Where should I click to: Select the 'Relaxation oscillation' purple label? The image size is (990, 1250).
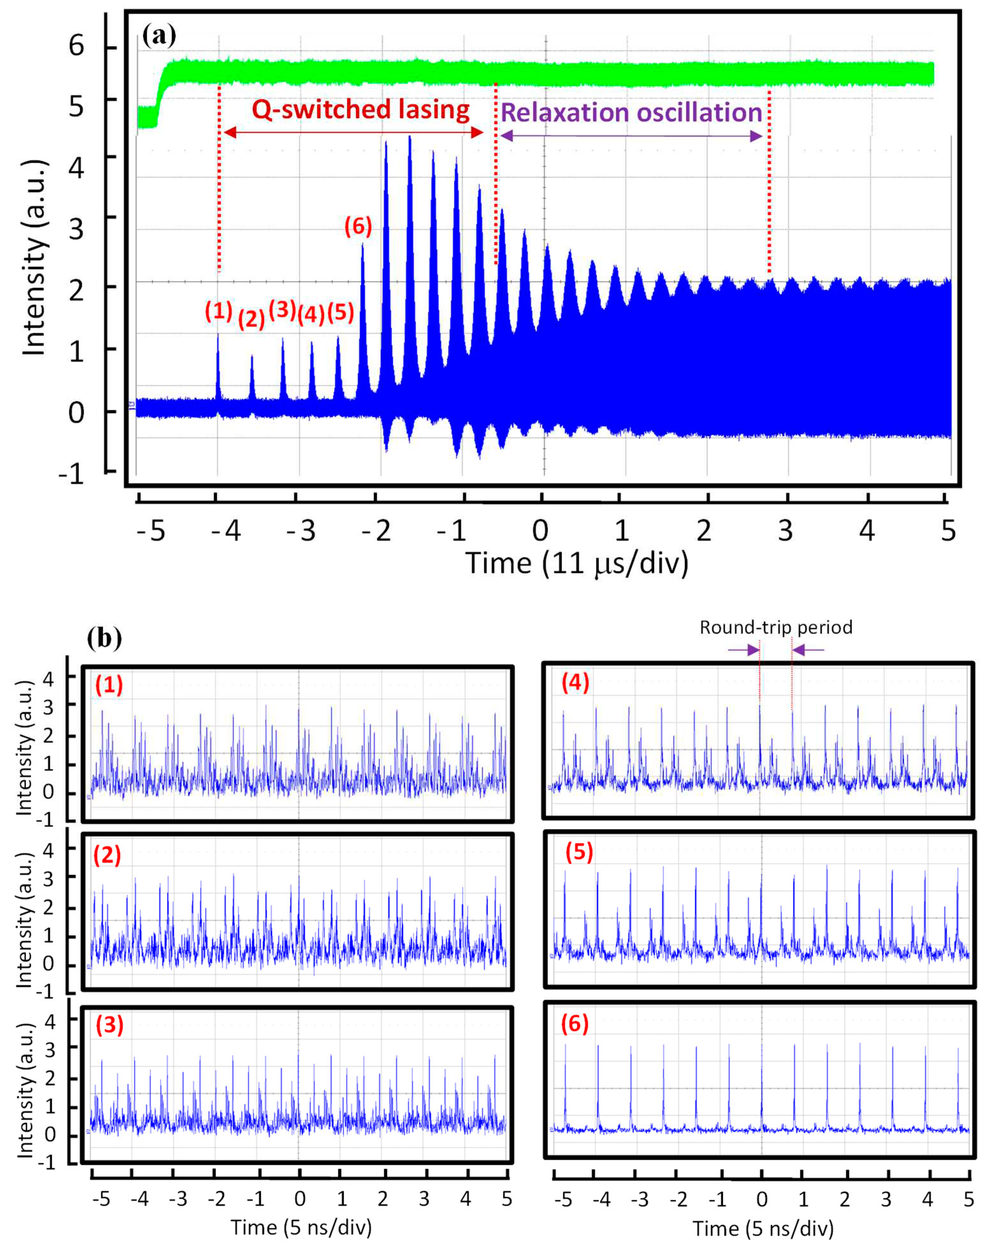(x=631, y=113)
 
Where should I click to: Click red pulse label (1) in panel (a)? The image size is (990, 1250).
(x=219, y=311)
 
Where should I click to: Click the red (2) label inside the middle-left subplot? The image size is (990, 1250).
(x=107, y=855)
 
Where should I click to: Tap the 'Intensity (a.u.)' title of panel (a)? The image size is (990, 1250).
(x=35, y=258)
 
